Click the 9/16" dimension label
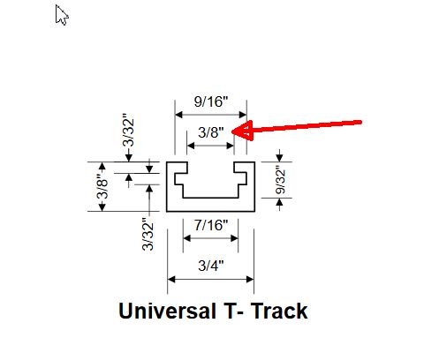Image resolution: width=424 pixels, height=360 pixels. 211,101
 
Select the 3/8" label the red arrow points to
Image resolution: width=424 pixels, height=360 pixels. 211,132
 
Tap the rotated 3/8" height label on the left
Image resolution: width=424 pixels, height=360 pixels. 102,186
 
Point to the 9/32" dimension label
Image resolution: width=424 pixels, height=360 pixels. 280,181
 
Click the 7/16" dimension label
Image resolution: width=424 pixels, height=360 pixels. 211,225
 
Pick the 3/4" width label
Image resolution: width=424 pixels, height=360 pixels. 211,266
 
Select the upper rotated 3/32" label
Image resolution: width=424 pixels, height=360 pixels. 128,130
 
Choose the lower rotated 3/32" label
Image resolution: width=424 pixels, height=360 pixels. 148,235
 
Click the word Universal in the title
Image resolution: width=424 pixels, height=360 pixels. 167,311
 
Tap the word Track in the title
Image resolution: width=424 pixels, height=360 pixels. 279,311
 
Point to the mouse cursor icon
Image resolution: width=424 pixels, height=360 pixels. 62,15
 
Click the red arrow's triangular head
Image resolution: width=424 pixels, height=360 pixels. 243,131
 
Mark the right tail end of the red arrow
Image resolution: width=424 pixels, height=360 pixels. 360,122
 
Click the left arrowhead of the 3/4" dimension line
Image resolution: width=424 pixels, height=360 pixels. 171,280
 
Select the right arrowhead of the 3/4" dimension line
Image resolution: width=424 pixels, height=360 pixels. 250,280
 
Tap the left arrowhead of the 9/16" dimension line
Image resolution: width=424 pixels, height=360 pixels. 178,115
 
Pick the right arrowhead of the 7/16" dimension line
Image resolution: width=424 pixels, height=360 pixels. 234,238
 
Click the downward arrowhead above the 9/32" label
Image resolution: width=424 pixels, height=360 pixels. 279,158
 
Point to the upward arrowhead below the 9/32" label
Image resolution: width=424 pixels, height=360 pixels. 279,202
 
